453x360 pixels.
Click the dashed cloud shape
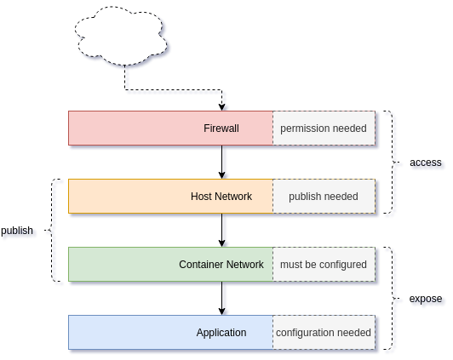[121, 35]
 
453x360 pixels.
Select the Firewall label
[221, 129]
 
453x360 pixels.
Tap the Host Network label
[221, 197]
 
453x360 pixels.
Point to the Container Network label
[221, 265]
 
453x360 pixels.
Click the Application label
[221, 333]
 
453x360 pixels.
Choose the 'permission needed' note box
[324, 129]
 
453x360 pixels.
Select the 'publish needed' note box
[324, 197]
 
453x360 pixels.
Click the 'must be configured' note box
[324, 265]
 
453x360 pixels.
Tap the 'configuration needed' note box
[324, 333]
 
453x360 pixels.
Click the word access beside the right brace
[426, 163]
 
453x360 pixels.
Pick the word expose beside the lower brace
[426, 299]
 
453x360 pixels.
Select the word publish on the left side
[17, 231]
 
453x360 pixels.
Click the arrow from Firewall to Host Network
[222, 162]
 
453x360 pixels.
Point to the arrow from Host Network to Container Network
[222, 230]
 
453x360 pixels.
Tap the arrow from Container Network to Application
[222, 298]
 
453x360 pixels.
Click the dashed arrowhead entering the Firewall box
[222, 107]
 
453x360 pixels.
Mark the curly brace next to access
[393, 162]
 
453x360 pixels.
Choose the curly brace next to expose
[393, 298]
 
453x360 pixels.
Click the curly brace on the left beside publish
[52, 230]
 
